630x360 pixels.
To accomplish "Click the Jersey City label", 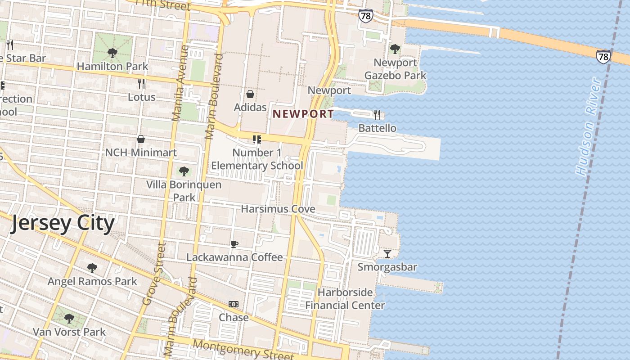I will tap(62, 223).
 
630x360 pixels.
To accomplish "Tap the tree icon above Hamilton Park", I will tap(112, 54).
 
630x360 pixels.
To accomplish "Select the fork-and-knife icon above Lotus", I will tap(141, 84).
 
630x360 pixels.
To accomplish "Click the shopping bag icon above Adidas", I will tap(250, 94).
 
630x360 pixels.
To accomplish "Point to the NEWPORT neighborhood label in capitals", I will tap(303, 114).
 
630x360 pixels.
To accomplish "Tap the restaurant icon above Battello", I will tap(377, 115).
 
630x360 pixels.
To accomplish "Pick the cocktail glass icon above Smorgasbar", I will tap(387, 254).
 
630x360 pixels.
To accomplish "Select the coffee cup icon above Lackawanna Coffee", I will tap(234, 244).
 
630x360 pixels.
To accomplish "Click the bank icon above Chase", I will tap(234, 305).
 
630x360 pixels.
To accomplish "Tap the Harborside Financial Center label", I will tap(345, 299).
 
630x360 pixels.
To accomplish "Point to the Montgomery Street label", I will tap(243, 349).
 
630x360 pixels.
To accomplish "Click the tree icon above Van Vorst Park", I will tap(69, 319).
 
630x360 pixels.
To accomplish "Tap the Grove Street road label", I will tap(154, 274).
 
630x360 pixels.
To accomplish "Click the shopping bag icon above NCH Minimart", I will tap(141, 139).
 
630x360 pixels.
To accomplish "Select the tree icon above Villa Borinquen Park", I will tap(184, 171).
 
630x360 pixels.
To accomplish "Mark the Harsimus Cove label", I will tap(278, 209).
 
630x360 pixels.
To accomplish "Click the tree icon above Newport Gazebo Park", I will tap(395, 49).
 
